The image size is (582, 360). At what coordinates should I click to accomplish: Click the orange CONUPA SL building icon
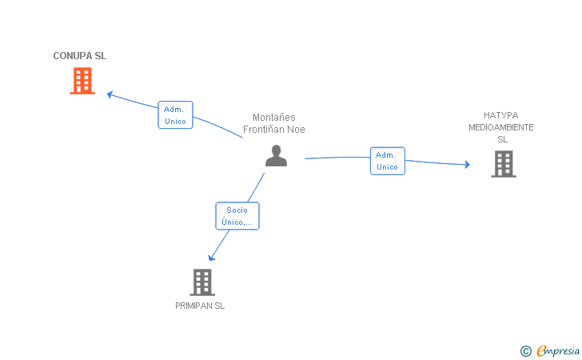pyautogui.click(x=82, y=81)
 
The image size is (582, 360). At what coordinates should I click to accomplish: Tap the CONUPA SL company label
pyautogui.click(x=79, y=56)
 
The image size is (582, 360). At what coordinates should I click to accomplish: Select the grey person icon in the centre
pyautogui.click(x=276, y=155)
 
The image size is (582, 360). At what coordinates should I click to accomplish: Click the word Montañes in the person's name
pyautogui.click(x=274, y=118)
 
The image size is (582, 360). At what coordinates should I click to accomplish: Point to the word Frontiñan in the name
pyautogui.click(x=265, y=130)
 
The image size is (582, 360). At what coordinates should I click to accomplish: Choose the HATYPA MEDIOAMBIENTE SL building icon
pyautogui.click(x=503, y=163)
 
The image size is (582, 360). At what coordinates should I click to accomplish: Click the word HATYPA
pyautogui.click(x=501, y=115)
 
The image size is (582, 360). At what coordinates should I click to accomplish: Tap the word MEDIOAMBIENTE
pyautogui.click(x=501, y=127)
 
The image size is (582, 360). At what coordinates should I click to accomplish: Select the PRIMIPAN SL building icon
pyautogui.click(x=202, y=282)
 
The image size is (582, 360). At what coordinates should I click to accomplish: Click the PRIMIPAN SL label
pyautogui.click(x=200, y=306)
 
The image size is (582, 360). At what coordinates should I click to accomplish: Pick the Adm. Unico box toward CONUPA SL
pyautogui.click(x=175, y=115)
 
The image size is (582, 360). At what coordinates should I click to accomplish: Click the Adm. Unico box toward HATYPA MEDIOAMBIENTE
pyautogui.click(x=387, y=161)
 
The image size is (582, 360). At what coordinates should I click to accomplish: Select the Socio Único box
pyautogui.click(x=237, y=216)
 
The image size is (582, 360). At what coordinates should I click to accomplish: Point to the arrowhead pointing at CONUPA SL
pyautogui.click(x=110, y=94)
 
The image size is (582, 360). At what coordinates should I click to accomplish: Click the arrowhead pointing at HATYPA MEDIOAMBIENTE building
pyautogui.click(x=467, y=165)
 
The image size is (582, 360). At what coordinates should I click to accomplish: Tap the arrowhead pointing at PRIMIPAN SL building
pyautogui.click(x=211, y=258)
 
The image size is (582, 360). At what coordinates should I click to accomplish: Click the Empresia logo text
pyautogui.click(x=559, y=350)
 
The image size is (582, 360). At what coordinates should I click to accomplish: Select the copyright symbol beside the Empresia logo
pyautogui.click(x=525, y=350)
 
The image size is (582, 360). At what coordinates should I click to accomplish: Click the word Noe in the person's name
pyautogui.click(x=297, y=130)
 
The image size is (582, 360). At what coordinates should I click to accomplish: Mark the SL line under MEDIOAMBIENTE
pyautogui.click(x=502, y=139)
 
